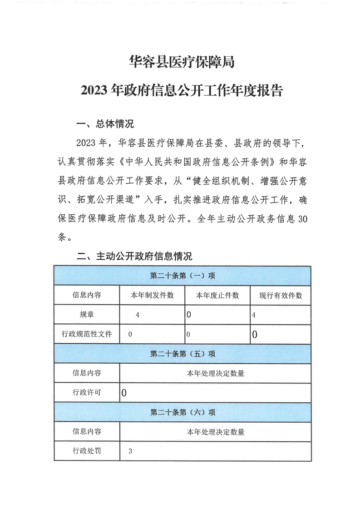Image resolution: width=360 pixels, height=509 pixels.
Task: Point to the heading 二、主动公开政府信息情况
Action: [x=134, y=256]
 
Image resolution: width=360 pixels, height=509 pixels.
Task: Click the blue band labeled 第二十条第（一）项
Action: [x=182, y=276]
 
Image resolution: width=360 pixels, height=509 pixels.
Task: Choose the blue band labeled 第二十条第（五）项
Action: [x=182, y=354]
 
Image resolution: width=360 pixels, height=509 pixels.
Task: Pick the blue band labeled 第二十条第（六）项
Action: [x=182, y=412]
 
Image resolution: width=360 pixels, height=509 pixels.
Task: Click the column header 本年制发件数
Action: [x=153, y=295]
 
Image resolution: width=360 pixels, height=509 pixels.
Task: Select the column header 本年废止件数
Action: [x=217, y=295]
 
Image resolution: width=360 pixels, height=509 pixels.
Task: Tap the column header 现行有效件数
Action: [x=281, y=295]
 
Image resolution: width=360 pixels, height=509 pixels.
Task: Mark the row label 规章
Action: [x=87, y=314]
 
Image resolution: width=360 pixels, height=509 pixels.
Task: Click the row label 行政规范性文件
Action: [x=87, y=334]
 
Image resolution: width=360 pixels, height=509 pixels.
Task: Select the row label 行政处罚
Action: [x=87, y=451]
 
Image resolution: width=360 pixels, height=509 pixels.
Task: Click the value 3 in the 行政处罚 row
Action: [x=130, y=451]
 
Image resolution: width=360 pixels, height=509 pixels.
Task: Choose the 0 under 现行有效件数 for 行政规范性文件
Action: [x=255, y=335]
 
